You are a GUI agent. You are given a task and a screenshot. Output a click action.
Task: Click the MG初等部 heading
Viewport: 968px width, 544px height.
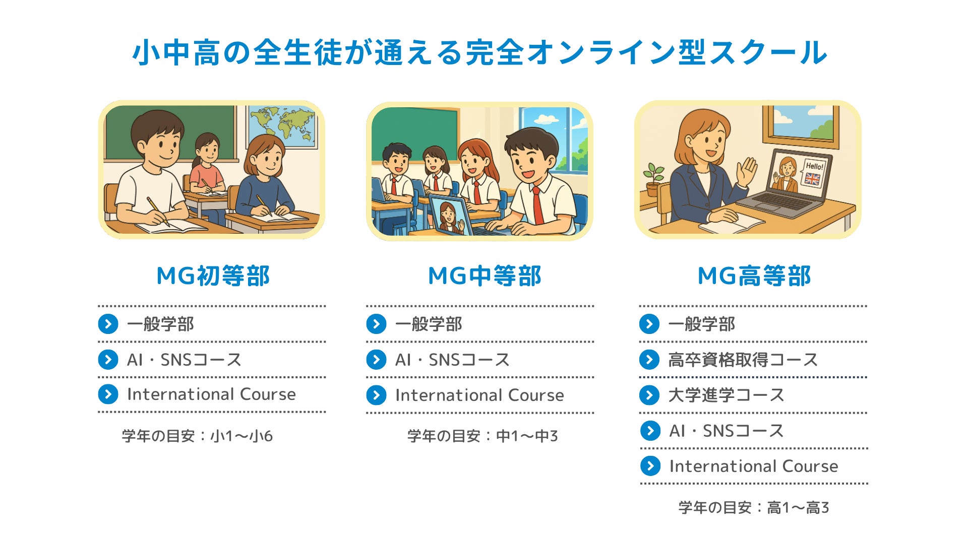click(213, 276)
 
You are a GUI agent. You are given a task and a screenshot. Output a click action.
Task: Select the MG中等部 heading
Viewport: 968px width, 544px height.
click(485, 276)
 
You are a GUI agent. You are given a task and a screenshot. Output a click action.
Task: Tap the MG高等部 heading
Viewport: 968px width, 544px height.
click(754, 276)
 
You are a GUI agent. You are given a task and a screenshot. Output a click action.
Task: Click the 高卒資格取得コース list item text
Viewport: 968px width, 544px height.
click(743, 360)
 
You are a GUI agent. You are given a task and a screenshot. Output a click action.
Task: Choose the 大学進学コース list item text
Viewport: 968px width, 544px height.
click(726, 395)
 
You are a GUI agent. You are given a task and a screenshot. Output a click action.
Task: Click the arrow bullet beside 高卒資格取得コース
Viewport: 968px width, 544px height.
click(649, 360)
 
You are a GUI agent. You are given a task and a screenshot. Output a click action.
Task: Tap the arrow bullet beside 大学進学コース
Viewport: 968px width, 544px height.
click(649, 395)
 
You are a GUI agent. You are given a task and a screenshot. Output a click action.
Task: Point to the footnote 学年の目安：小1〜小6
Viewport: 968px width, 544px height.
click(197, 436)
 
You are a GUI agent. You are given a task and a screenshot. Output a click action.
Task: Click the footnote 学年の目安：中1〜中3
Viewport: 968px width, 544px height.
click(482, 436)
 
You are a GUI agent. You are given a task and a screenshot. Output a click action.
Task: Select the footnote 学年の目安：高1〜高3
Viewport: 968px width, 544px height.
click(753, 508)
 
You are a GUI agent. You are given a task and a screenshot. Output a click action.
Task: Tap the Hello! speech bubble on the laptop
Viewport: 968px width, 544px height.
click(814, 166)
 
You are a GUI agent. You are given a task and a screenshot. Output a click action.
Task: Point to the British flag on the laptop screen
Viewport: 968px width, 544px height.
click(812, 179)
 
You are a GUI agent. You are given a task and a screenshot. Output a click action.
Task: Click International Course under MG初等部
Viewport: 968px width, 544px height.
click(211, 394)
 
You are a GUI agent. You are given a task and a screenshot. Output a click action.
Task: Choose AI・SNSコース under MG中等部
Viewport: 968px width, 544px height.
click(452, 360)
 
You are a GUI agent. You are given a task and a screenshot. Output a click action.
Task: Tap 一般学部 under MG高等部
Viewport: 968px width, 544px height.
click(701, 324)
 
